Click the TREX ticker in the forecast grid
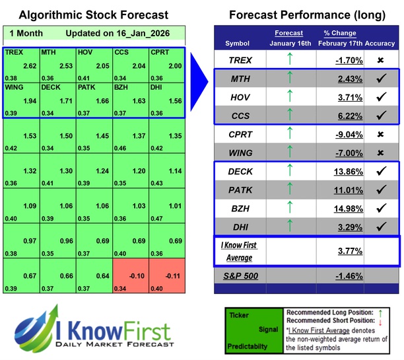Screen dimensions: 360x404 (15, 52)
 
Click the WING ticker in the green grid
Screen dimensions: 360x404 (16, 87)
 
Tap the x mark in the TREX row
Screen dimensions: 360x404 (380, 59)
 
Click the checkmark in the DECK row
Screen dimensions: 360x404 (380, 171)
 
